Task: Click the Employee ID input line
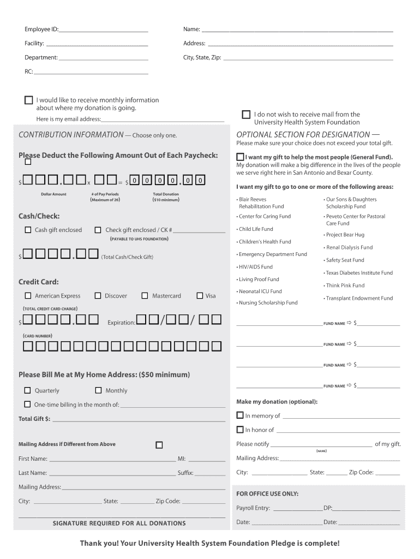[104, 29]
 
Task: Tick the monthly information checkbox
[28, 100]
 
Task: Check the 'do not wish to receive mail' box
[246, 115]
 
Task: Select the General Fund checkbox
[240, 157]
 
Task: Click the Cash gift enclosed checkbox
[28, 230]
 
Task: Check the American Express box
[28, 296]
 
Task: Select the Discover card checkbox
[98, 296]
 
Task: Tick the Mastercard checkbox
[145, 296]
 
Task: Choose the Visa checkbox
[199, 296]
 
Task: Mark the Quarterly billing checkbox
[28, 390]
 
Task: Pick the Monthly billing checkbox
[98, 390]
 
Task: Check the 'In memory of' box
[240, 415]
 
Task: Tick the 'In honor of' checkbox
[240, 430]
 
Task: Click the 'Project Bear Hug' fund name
[345, 235]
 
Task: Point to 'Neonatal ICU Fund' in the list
[260, 292]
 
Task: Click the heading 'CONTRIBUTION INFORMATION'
[71, 135]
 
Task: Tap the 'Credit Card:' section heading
[39, 282]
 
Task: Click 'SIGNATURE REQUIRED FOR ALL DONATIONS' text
[119, 524]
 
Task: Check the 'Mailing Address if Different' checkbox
[159, 445]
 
